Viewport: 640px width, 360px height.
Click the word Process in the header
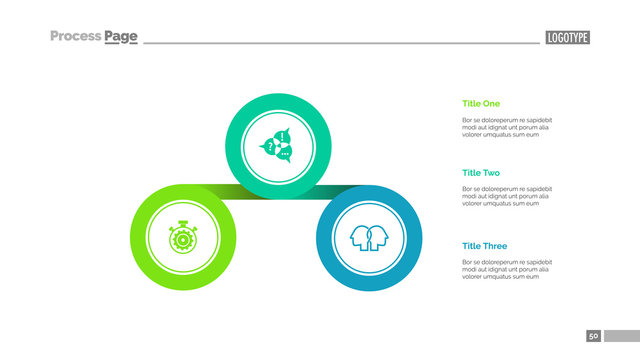[x=75, y=37]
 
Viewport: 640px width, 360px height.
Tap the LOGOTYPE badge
[x=567, y=38]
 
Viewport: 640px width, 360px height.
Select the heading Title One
[x=481, y=103]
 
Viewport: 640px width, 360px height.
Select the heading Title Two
[x=481, y=173]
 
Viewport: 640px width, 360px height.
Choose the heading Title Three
[x=484, y=246]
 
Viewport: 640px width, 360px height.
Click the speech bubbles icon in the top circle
[x=277, y=145]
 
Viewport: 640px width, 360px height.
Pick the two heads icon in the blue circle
[x=367, y=238]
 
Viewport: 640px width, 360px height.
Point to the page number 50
[x=593, y=336]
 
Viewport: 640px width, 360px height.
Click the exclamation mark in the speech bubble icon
[x=283, y=136]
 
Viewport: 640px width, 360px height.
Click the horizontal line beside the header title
[x=340, y=43]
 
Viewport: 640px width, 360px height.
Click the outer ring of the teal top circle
[x=277, y=100]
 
